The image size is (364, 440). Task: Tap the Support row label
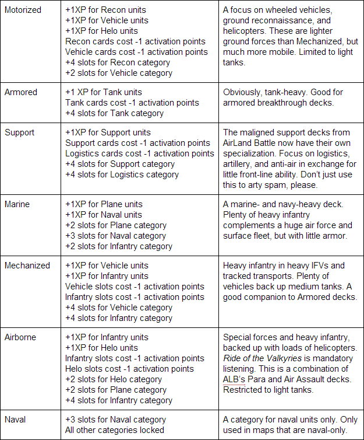[x=20, y=132]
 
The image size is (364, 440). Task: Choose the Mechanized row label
[x=27, y=266]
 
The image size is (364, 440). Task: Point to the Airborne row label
[x=22, y=337]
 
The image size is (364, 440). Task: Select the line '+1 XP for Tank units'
[x=104, y=92]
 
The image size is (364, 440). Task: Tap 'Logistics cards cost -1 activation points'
[x=140, y=153]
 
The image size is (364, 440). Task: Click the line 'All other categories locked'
[x=115, y=430]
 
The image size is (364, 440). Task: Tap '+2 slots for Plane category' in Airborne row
[x=116, y=390]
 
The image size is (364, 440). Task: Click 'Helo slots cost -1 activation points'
[x=130, y=369]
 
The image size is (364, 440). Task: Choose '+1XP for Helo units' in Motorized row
[x=102, y=31]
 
